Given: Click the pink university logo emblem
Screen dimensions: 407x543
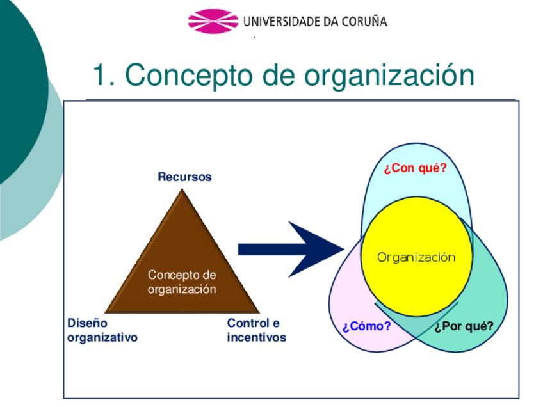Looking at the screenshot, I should [213, 21].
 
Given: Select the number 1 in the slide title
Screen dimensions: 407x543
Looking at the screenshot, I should [99, 76].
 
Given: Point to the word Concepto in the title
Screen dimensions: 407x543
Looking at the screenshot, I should [184, 76].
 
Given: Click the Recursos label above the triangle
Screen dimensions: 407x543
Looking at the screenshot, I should [184, 177].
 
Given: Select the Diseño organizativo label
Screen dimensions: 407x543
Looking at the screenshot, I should [102, 330].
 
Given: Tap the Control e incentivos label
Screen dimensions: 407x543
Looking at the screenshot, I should [256, 330].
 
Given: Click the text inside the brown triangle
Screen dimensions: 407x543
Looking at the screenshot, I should [182, 282].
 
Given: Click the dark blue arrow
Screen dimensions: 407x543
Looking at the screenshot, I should [288, 249].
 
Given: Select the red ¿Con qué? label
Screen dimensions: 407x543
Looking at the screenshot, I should [415, 169].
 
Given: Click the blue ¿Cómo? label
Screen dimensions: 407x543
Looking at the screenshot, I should [366, 326].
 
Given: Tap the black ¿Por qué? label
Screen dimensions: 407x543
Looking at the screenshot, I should [464, 326].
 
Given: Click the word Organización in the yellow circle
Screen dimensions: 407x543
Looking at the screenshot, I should [416, 258].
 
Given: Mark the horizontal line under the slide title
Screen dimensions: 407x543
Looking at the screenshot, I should [300, 100].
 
